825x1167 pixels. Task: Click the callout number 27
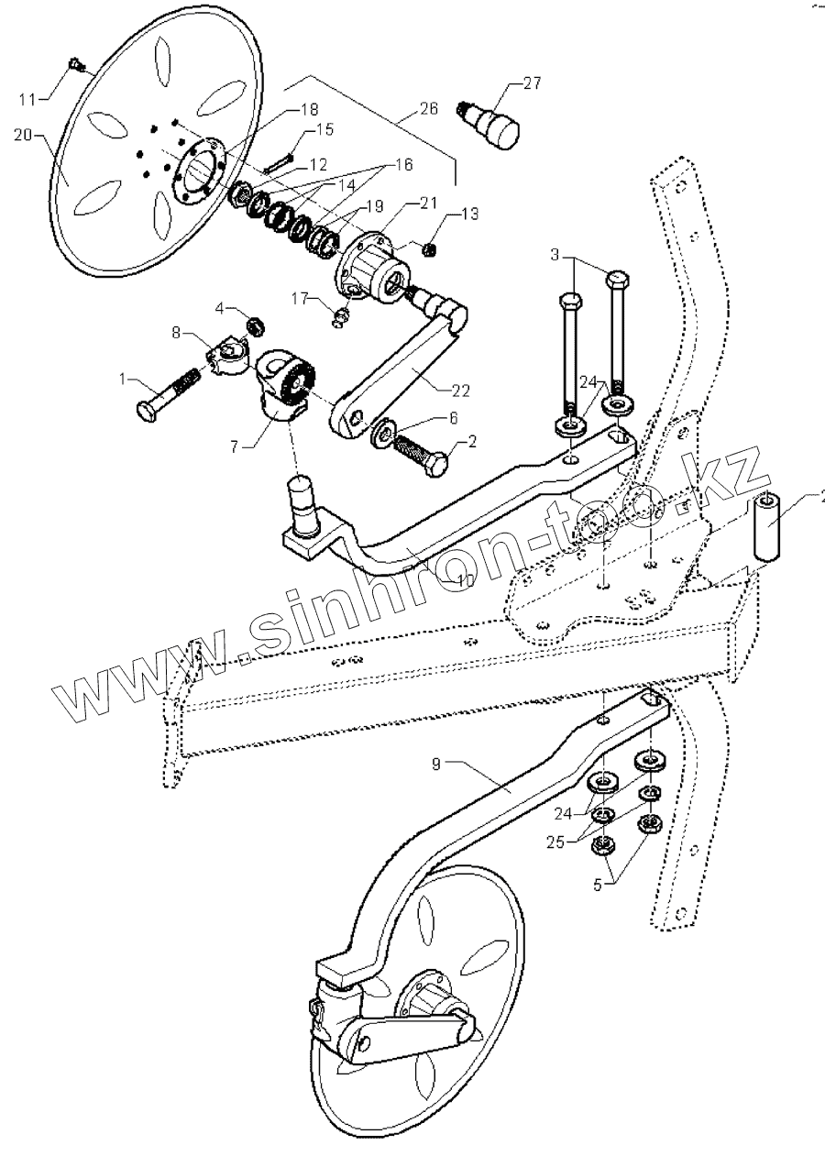pos(532,83)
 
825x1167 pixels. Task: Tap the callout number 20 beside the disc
pos(23,134)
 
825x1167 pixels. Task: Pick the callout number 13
pos(469,215)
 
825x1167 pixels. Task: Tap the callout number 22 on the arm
pos(461,390)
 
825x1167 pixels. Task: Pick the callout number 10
pos(465,580)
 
